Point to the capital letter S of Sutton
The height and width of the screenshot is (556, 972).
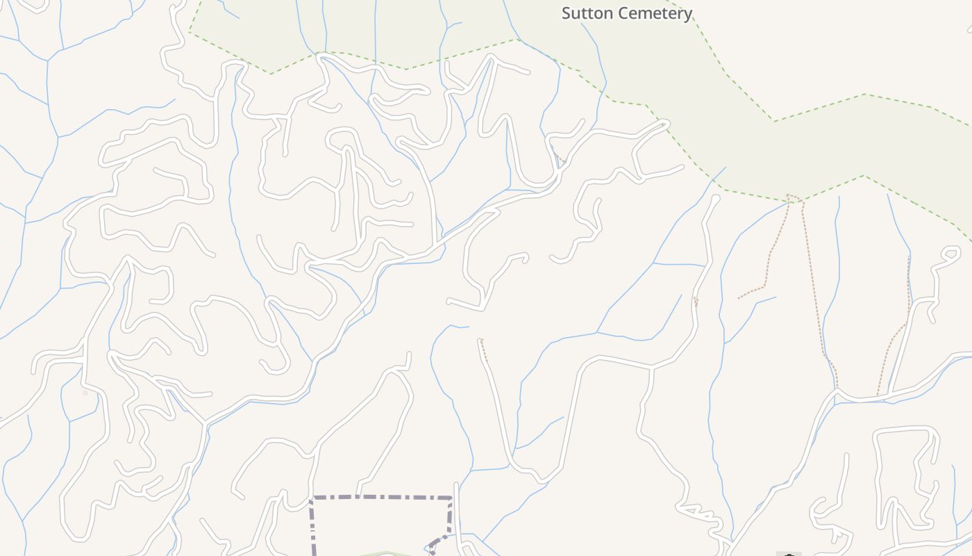(567, 13)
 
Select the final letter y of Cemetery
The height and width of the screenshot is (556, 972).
(687, 15)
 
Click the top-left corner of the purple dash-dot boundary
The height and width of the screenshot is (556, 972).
(311, 498)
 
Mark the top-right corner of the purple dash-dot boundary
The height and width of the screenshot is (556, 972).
(452, 498)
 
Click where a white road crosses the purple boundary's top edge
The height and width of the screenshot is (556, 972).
(359, 498)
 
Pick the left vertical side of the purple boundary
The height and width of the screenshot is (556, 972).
(312, 528)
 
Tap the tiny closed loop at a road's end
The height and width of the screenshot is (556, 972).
(949, 252)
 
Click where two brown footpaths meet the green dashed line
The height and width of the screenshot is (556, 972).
(794, 197)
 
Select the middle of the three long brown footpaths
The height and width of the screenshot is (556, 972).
(816, 292)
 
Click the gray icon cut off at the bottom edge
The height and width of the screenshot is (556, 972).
(789, 553)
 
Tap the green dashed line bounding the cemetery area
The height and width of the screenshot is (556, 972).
(819, 108)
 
